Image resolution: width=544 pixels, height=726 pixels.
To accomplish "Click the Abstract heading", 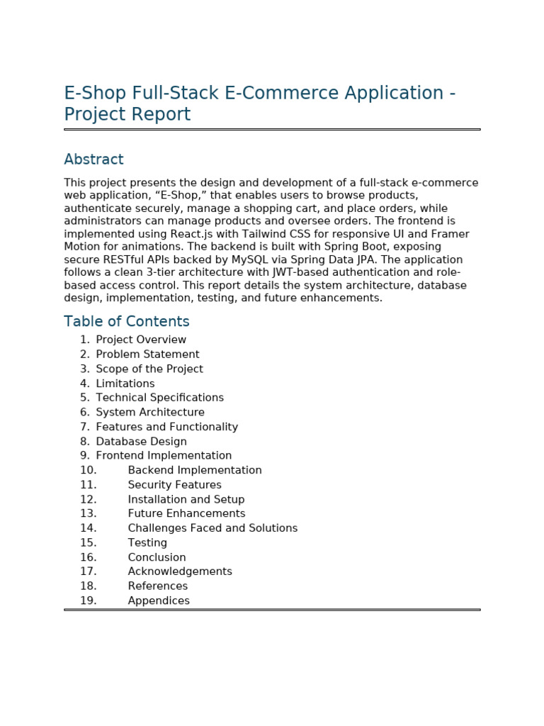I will pyautogui.click(x=93, y=160).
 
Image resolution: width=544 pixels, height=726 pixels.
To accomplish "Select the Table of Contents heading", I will pyautogui.click(x=127, y=321).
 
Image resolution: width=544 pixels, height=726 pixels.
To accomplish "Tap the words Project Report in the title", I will pyautogui.click(x=127, y=115).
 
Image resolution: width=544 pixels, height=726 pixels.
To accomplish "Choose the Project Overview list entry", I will pyautogui.click(x=141, y=340).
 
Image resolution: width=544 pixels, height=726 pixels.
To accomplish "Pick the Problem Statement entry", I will pyautogui.click(x=147, y=354).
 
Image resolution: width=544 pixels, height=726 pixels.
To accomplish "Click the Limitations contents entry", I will pyautogui.click(x=125, y=384).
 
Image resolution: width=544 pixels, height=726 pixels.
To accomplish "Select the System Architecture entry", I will pyautogui.click(x=150, y=413).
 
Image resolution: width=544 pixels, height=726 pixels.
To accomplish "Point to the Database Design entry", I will pyautogui.click(x=141, y=442).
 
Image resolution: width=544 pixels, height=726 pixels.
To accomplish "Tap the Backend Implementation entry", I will pyautogui.click(x=195, y=471).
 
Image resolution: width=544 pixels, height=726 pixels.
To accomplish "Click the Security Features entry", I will pyautogui.click(x=174, y=485).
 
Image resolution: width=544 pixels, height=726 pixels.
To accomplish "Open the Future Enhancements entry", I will pyautogui.click(x=186, y=514).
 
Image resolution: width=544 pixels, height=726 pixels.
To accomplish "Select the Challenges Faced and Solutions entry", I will pyautogui.click(x=212, y=528).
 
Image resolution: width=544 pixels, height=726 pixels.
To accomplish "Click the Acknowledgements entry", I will pyautogui.click(x=180, y=571).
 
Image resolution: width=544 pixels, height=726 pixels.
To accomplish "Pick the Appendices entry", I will pyautogui.click(x=159, y=601).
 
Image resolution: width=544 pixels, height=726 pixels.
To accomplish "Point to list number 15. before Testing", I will pyautogui.click(x=88, y=543).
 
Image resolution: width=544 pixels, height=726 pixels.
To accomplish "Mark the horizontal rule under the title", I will pyautogui.click(x=272, y=130).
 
